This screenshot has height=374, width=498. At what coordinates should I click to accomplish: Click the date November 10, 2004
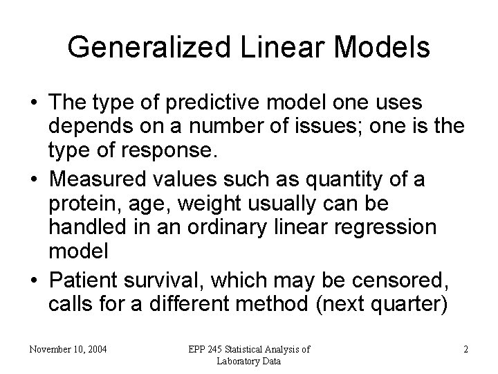click(x=68, y=349)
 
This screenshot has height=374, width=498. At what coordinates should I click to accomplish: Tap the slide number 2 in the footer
click(x=465, y=349)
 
